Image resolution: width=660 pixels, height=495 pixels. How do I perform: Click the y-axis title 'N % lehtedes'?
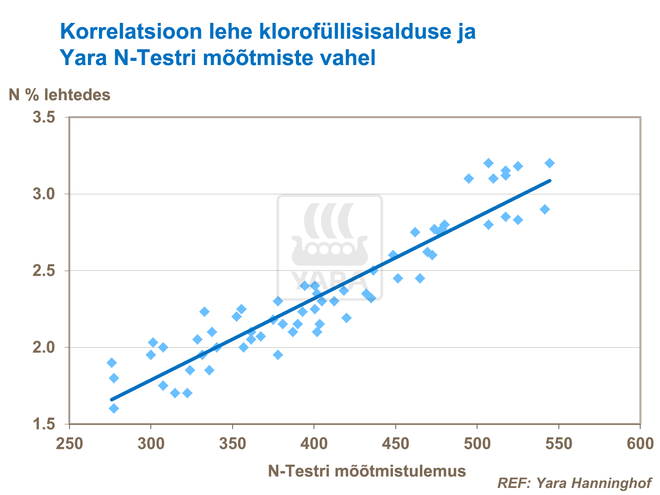tap(60, 95)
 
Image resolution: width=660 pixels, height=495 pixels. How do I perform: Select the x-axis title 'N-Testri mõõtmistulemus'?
tap(367, 471)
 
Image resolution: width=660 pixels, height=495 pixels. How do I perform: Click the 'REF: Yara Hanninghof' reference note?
tap(574, 483)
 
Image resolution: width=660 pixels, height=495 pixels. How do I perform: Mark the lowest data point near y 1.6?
tap(114, 408)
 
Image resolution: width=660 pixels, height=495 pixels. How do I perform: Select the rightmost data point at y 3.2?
tap(550, 163)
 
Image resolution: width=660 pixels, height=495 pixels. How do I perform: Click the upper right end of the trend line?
tap(550, 180)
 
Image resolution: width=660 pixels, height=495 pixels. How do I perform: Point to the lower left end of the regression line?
tap(112, 400)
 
